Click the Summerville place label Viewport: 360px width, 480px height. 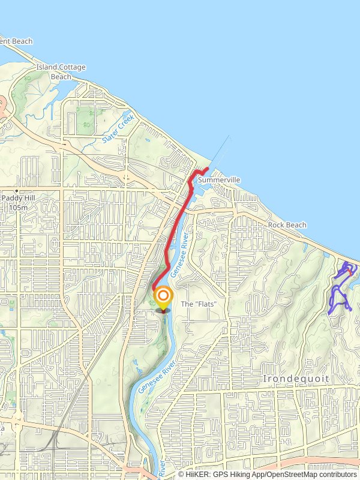click(x=219, y=180)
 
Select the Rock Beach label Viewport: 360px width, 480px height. click(x=287, y=225)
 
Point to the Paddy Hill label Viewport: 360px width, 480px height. click(x=19, y=198)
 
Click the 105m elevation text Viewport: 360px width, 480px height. click(x=19, y=207)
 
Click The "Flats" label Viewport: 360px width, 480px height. click(x=198, y=304)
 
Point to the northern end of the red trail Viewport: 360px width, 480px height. click(x=207, y=168)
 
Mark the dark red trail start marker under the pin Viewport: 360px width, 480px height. click(x=163, y=310)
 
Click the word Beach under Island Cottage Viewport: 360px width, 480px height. click(x=61, y=76)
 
